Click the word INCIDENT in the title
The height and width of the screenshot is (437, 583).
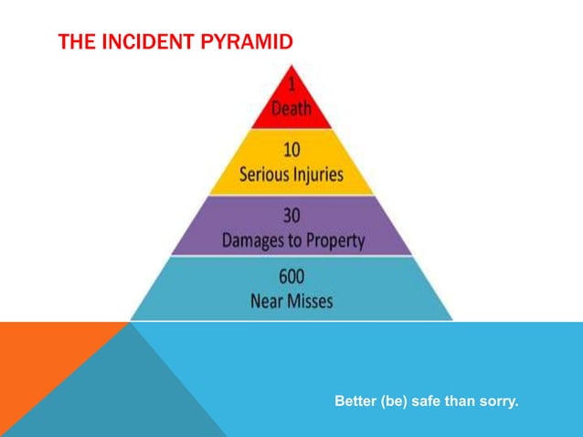click(x=136, y=42)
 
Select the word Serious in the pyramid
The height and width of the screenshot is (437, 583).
click(x=265, y=174)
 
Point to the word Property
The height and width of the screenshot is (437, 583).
click(x=335, y=241)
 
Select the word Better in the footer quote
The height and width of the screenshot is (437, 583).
click(x=355, y=401)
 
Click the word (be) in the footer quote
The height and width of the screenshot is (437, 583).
click(x=395, y=401)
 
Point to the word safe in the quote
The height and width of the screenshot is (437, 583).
click(x=429, y=401)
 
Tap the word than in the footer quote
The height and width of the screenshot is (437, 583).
click(x=462, y=401)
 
